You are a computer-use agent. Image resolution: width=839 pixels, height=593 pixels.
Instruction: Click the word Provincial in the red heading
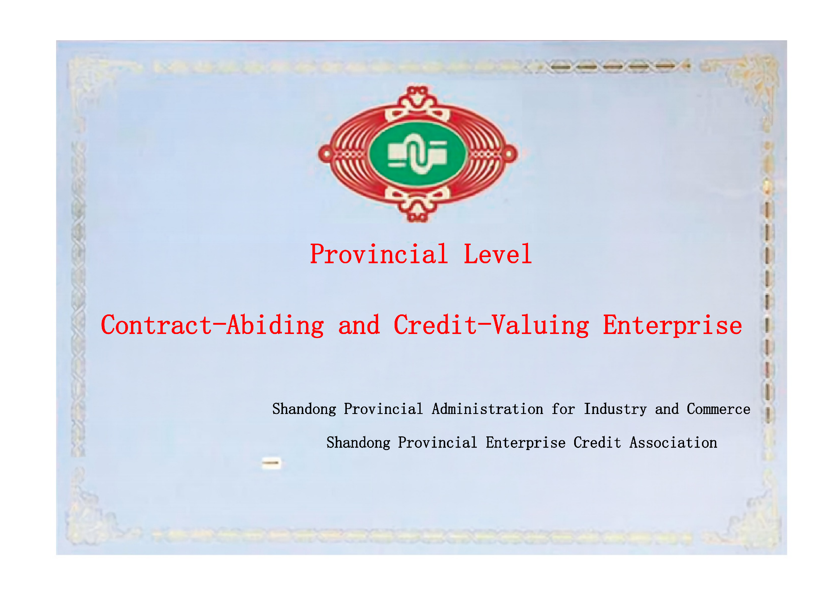pyautogui.click(x=379, y=254)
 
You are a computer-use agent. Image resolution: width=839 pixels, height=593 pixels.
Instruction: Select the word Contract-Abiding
pyautogui.click(x=212, y=325)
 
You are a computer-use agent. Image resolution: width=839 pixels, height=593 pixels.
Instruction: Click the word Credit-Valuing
pyautogui.click(x=491, y=325)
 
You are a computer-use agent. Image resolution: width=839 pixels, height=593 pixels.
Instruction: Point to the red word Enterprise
pyautogui.click(x=672, y=325)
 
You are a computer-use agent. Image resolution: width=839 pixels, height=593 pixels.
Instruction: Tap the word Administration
pyautogui.click(x=487, y=409)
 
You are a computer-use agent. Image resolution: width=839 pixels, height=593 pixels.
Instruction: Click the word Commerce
pyautogui.click(x=718, y=409)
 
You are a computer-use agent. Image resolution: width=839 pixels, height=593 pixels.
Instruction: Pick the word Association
pyautogui.click(x=673, y=443)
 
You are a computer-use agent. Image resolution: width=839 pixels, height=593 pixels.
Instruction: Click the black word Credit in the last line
pyautogui.click(x=597, y=443)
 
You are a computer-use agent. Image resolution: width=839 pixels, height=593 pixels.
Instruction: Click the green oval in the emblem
pyautogui.click(x=418, y=154)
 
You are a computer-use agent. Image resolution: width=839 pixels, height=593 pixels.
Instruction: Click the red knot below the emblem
pyautogui.click(x=417, y=204)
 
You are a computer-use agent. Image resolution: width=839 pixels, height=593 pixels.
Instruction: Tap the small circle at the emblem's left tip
pyautogui.click(x=326, y=154)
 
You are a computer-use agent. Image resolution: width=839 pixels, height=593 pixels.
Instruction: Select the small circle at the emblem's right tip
pyautogui.click(x=509, y=154)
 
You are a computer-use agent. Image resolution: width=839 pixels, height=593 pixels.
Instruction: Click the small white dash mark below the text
pyautogui.click(x=271, y=463)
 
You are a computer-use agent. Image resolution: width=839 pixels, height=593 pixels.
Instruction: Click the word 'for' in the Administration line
pyautogui.click(x=563, y=409)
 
